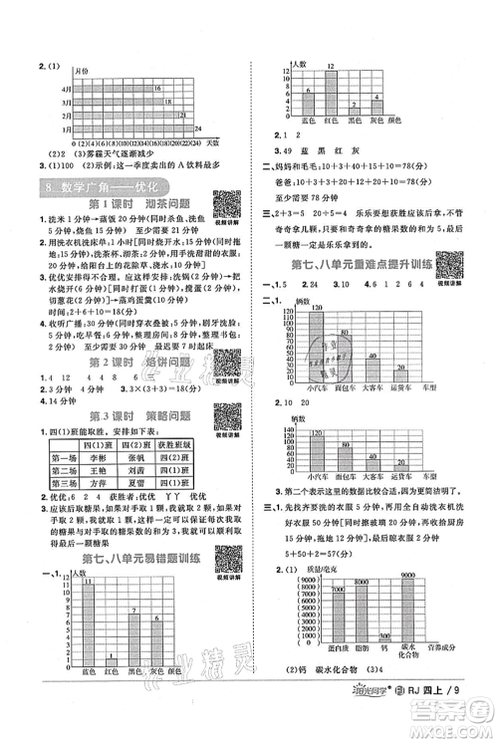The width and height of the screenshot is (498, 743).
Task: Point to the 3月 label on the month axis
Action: (37, 102)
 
